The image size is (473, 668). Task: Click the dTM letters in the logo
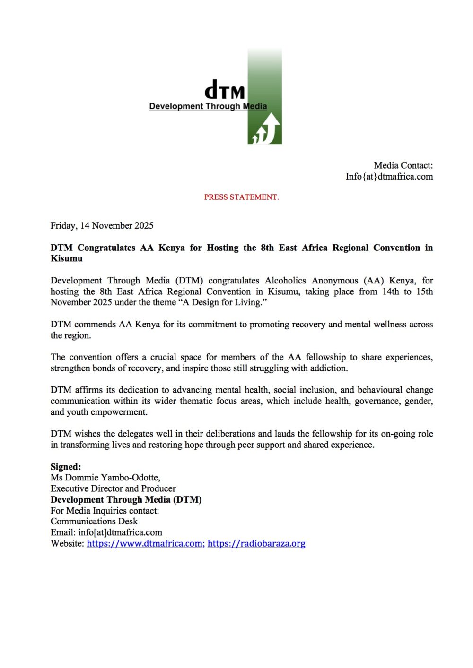224,90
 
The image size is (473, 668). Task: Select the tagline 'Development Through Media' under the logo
208,106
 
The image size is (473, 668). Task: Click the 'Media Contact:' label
403,165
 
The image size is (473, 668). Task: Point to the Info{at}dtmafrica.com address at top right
389,177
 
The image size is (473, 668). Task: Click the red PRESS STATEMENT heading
241,197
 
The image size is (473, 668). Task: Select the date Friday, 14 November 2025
102,226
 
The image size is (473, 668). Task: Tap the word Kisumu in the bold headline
67,259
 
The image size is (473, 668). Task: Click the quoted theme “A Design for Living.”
225,302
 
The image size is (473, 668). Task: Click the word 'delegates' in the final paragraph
137,434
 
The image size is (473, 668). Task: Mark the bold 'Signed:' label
66,467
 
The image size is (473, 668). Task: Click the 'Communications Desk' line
94,522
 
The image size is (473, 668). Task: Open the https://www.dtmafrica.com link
144,544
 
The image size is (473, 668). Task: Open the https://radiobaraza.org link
256,544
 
